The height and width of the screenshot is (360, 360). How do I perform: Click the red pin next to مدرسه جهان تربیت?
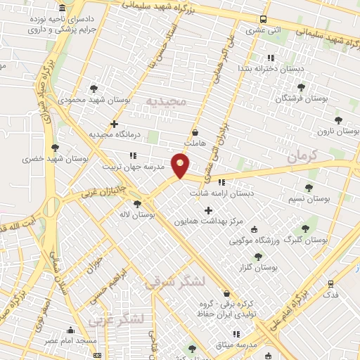pos(181,166)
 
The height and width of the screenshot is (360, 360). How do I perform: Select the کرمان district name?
pos(304,156)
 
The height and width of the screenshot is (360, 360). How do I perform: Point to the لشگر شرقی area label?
pos(175,283)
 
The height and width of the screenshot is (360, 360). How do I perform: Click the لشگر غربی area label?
pos(116,320)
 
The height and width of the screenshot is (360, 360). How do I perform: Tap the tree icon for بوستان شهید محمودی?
pos(94,89)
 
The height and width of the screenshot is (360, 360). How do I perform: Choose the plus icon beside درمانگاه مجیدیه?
pos(114,124)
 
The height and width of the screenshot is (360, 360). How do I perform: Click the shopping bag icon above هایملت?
pos(195,132)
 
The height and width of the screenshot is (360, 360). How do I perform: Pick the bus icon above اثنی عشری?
pos(263,19)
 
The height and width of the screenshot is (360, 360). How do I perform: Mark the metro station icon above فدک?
pos(330,283)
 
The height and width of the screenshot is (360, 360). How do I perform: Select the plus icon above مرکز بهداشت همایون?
pos(208,210)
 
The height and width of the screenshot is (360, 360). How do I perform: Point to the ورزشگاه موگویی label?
pos(255,241)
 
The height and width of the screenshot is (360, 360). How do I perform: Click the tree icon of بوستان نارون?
pos(338,120)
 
